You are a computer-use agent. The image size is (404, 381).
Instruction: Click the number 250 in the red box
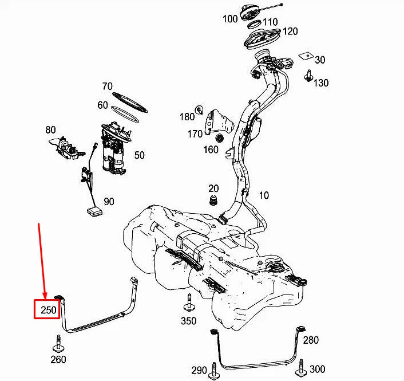(48, 311)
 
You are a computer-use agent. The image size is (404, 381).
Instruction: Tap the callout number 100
(230, 19)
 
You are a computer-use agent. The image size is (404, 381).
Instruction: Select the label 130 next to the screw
(321, 83)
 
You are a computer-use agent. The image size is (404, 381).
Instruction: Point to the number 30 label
(320, 60)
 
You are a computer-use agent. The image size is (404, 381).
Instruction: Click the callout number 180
(187, 117)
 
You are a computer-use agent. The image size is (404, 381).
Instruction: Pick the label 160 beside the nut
(211, 150)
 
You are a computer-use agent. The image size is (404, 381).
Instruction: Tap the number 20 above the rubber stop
(213, 188)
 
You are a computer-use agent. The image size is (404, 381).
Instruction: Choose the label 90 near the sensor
(109, 201)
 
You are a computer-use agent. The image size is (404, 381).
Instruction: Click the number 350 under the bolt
(189, 321)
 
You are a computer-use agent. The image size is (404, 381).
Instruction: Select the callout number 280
(311, 340)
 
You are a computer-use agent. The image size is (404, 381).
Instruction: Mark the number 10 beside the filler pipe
(263, 195)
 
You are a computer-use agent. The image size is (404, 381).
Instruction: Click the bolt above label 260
(58, 344)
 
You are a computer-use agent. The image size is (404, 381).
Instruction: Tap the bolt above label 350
(189, 303)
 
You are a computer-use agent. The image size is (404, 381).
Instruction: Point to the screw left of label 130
(309, 75)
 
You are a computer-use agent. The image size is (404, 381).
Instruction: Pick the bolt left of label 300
(300, 366)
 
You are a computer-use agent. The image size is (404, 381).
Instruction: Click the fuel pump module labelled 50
(114, 147)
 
